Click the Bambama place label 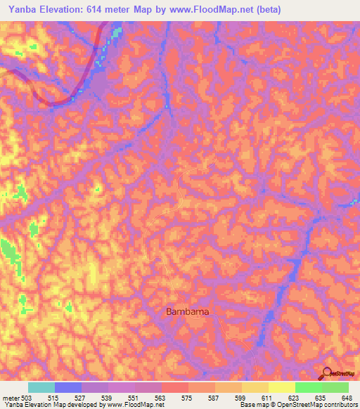click(x=188, y=311)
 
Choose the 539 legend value click(x=108, y=398)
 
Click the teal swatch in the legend click(x=41, y=387)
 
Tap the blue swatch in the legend click(x=68, y=387)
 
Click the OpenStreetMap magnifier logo click(x=326, y=375)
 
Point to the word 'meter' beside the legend click(x=11, y=398)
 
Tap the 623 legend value click(x=296, y=398)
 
